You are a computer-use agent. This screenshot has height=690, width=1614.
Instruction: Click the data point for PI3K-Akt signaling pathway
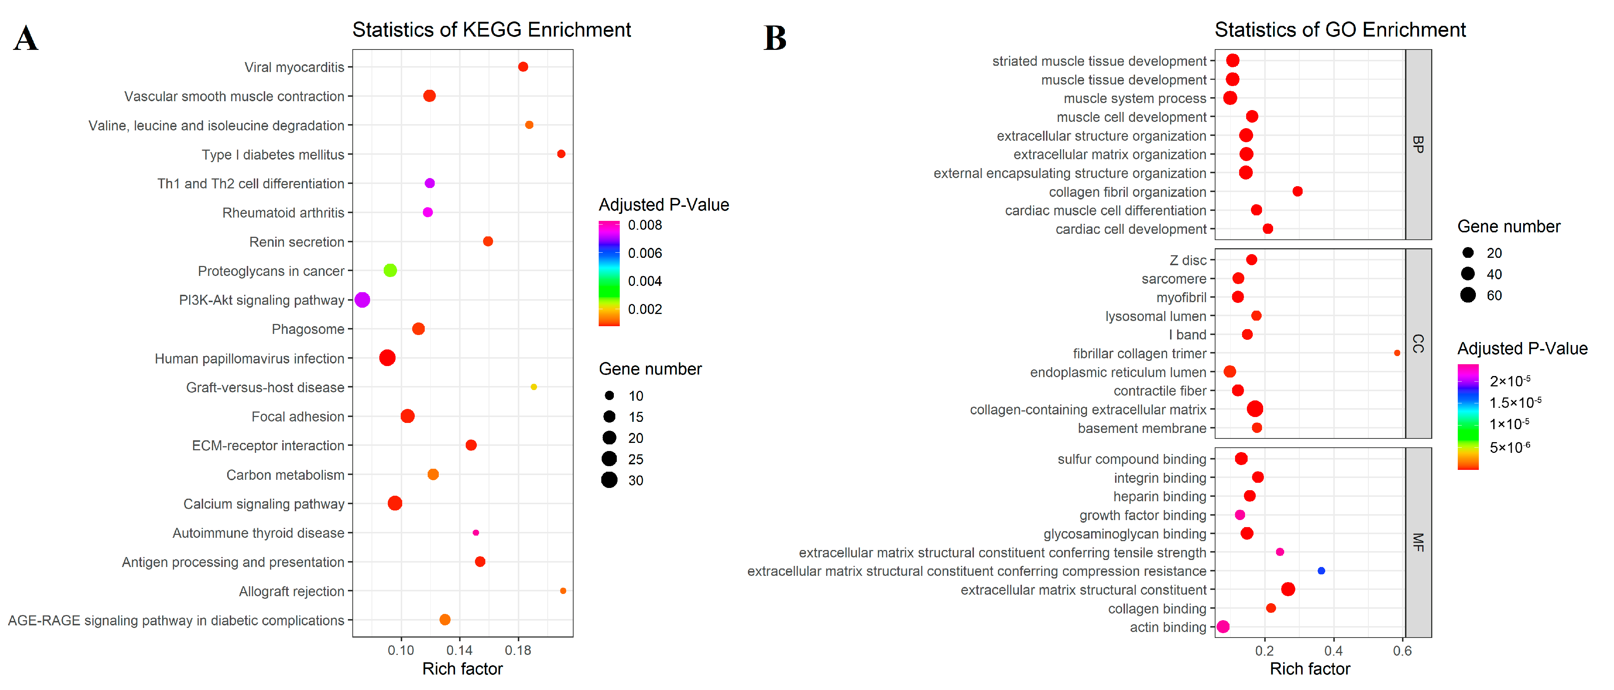pyautogui.click(x=362, y=300)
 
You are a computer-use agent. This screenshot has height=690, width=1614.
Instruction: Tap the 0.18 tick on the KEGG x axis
pyautogui.click(x=518, y=650)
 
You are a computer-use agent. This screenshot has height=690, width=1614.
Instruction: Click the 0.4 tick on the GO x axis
pyautogui.click(x=1333, y=650)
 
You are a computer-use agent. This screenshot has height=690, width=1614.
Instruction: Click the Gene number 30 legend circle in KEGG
pyautogui.click(x=609, y=481)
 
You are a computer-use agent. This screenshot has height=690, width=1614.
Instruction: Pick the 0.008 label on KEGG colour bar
pyautogui.click(x=645, y=225)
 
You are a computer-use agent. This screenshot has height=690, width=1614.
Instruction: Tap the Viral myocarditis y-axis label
pyautogui.click(x=294, y=67)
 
